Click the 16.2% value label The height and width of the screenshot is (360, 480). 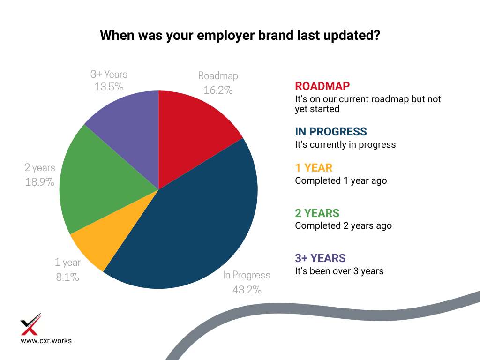tap(218, 90)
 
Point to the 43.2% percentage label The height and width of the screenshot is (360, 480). tap(247, 290)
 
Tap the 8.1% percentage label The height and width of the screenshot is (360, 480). tap(67, 277)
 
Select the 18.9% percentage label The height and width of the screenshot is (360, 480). tap(40, 182)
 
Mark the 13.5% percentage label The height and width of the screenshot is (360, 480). tap(109, 87)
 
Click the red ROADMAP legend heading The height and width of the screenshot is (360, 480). tap(322, 86)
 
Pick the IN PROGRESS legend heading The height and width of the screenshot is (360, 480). tap(331, 132)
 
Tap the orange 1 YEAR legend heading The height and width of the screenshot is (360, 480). tap(314, 168)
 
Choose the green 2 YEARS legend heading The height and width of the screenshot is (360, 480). tap(317, 213)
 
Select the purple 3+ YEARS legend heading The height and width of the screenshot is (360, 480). tap(320, 258)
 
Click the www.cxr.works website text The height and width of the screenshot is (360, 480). tap(46, 341)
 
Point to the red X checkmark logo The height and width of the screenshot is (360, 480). tap(30, 324)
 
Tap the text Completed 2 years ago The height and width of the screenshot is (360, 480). tap(344, 226)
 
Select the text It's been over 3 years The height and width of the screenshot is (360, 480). tap(339, 271)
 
